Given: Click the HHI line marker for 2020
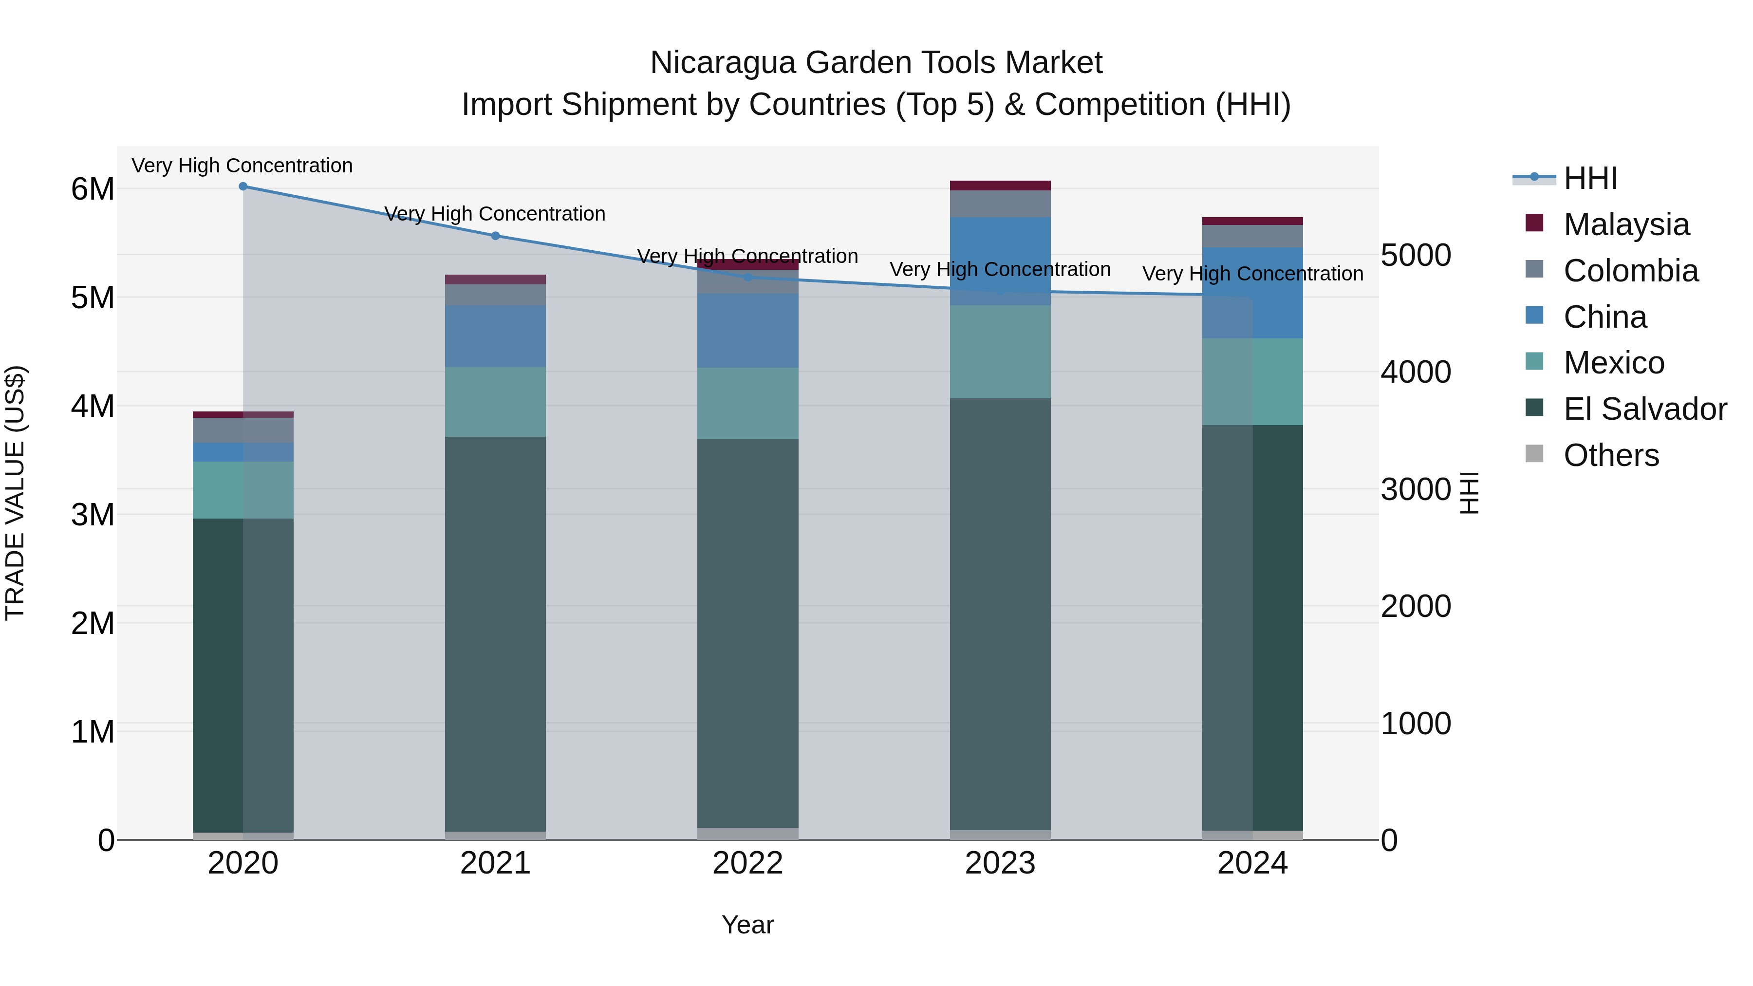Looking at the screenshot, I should [x=243, y=186].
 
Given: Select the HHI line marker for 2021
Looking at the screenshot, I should [x=495, y=236].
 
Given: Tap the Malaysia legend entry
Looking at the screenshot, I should [x=1626, y=224].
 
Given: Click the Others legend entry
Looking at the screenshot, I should [x=1610, y=455].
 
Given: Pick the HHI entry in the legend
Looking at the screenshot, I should [x=1590, y=178].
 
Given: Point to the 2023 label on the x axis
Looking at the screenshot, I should [x=1000, y=863].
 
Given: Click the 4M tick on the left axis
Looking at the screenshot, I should [x=93, y=406].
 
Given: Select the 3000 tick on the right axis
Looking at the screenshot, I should [x=1416, y=489].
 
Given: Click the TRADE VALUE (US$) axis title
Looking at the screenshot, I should [x=15, y=493].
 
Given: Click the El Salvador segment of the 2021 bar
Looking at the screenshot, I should [x=495, y=633].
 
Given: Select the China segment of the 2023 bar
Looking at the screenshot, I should [x=1000, y=261].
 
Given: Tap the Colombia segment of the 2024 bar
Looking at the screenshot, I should [x=1252, y=236].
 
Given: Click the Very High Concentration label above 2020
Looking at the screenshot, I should [x=242, y=166].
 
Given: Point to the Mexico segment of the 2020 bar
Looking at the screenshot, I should [x=243, y=490].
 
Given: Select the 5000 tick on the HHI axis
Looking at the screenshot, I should [x=1416, y=255].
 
